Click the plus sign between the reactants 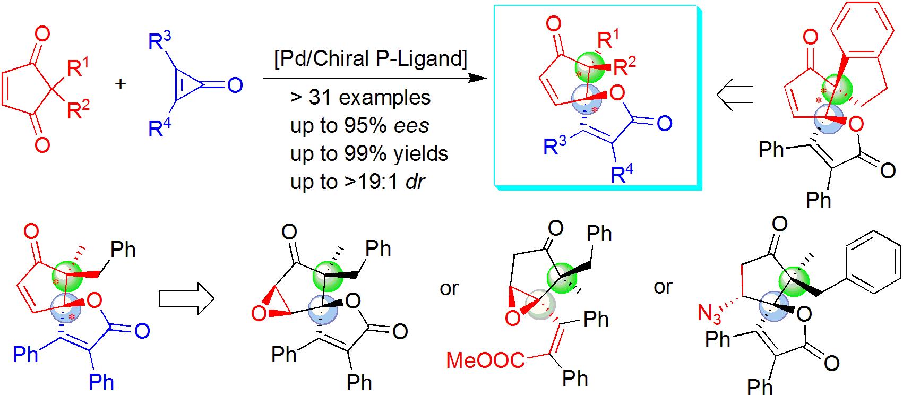(x=121, y=84)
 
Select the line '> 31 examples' (x=360, y=98)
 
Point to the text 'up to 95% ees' (x=359, y=126)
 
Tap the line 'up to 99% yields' (x=369, y=154)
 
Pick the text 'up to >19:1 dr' (x=358, y=182)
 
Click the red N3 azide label (x=709, y=314)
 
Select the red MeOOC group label (x=485, y=360)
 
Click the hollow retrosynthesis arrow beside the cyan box (x=735, y=96)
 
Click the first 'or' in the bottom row (x=449, y=288)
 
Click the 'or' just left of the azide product (x=663, y=287)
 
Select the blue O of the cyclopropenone (x=235, y=85)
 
